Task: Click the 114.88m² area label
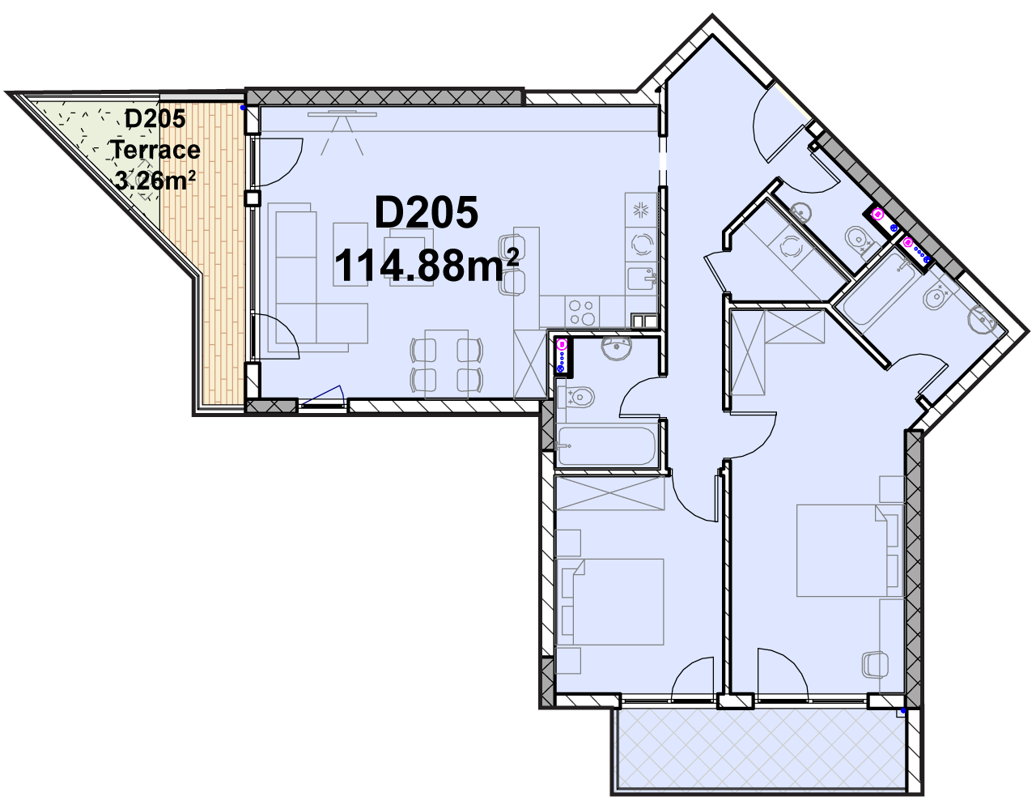pyautogui.click(x=426, y=266)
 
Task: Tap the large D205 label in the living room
pyautogui.click(x=426, y=212)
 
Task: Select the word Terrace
pyautogui.click(x=156, y=150)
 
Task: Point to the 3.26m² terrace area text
pyautogui.click(x=156, y=181)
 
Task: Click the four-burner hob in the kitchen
pyautogui.click(x=582, y=312)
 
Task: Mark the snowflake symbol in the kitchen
pyautogui.click(x=640, y=210)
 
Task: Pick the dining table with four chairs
pyautogui.click(x=446, y=364)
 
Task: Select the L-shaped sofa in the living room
pyautogui.click(x=318, y=278)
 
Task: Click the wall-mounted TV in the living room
pyautogui.click(x=342, y=113)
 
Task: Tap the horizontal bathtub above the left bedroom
pyautogui.click(x=606, y=446)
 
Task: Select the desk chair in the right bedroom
pyautogui.click(x=875, y=665)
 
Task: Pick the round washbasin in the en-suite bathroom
pyautogui.click(x=982, y=318)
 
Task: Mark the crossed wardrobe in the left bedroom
pyautogui.click(x=610, y=492)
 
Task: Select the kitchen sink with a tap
pyautogui.click(x=642, y=279)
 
